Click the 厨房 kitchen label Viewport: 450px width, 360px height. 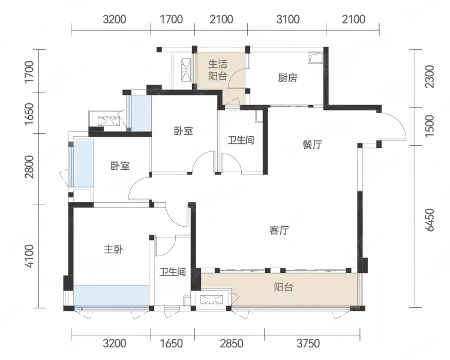[287, 78]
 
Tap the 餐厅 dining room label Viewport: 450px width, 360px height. [312, 145]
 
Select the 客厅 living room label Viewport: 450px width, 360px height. [279, 230]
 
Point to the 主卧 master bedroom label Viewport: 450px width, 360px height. [113, 249]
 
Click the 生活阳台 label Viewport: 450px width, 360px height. [218, 70]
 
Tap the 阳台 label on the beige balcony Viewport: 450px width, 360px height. [283, 287]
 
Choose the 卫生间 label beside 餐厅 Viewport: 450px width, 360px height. [241, 140]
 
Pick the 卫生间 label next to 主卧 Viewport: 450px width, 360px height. [172, 272]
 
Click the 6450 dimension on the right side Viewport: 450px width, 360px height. [430, 220]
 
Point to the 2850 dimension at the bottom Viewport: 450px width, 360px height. [232, 343]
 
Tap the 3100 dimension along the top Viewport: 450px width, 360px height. [288, 19]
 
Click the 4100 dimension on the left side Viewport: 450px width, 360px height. [29, 256]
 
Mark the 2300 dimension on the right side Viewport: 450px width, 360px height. [430, 77]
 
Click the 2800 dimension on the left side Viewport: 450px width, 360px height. [29, 167]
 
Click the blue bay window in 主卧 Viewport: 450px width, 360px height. [112, 296]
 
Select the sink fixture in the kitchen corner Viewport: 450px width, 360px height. [316, 58]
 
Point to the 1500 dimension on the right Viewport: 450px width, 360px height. [430, 127]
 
